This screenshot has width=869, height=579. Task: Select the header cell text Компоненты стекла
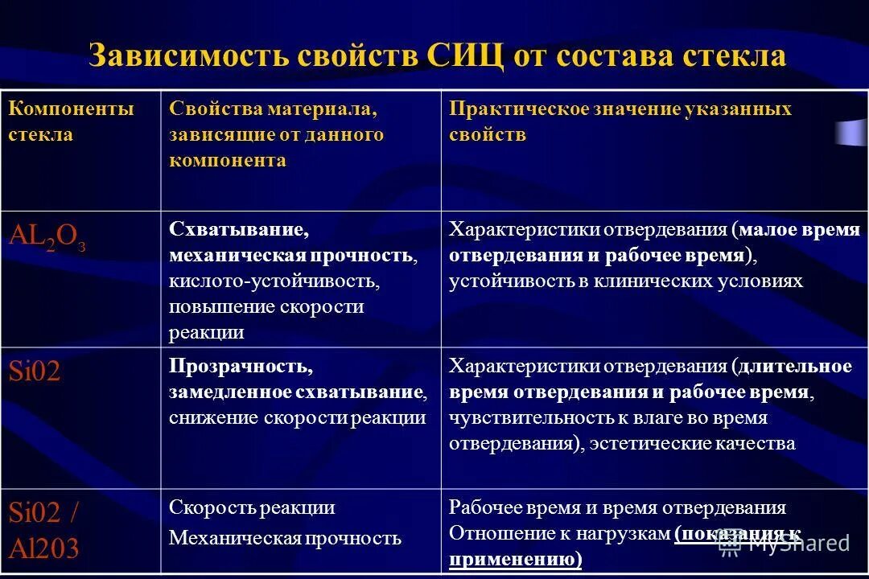tap(71, 121)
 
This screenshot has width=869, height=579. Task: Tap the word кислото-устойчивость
tap(274, 281)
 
